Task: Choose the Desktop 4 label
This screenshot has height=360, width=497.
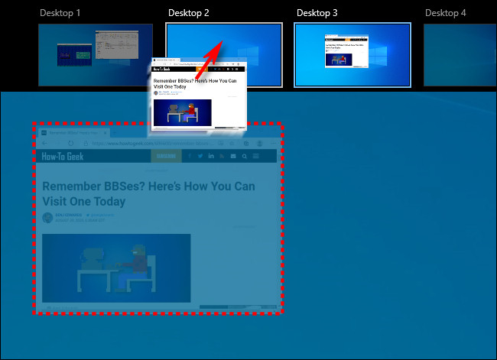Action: click(444, 13)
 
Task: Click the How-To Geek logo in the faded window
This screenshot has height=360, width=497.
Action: click(63, 156)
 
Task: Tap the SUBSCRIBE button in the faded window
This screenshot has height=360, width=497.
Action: click(165, 156)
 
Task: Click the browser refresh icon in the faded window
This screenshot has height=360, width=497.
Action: click(70, 143)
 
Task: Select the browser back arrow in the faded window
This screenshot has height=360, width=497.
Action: click(44, 143)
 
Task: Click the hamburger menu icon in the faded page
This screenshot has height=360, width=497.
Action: click(255, 156)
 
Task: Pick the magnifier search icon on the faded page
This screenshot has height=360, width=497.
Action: click(244, 156)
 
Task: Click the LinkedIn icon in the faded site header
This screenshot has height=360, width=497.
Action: click(211, 156)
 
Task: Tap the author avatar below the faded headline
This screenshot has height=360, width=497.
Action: click(48, 218)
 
